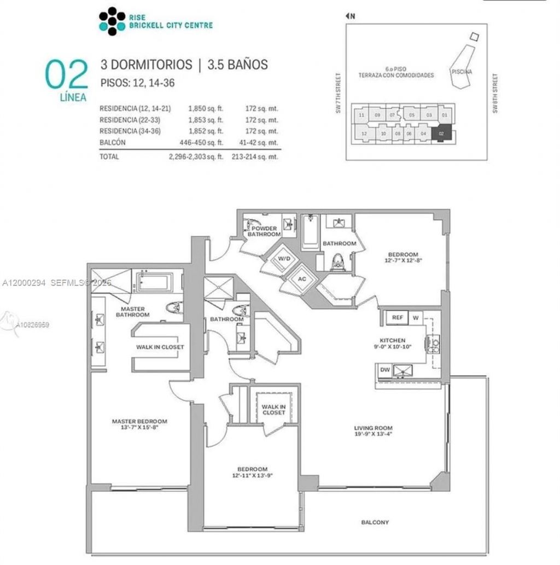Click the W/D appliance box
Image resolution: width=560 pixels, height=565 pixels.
(x=284, y=259)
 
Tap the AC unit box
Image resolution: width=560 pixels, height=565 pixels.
(x=301, y=278)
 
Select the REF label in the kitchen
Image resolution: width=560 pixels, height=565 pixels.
(x=397, y=317)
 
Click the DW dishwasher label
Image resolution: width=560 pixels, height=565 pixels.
(x=385, y=370)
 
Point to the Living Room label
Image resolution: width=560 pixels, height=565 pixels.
(x=373, y=428)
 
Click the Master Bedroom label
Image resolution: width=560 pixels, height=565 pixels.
(x=139, y=421)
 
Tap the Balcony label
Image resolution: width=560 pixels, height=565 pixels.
(x=375, y=522)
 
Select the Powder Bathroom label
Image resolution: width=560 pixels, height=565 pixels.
(x=264, y=231)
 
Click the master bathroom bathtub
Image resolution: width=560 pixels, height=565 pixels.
(x=154, y=283)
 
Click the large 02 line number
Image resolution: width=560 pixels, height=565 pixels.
(x=66, y=75)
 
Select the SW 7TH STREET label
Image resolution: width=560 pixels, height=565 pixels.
(x=340, y=94)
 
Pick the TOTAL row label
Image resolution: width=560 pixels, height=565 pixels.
(x=109, y=156)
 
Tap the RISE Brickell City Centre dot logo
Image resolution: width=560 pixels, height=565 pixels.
(x=112, y=21)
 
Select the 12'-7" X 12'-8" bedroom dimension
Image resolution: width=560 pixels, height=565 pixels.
(x=403, y=260)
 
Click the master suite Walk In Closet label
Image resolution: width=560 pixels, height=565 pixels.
(x=160, y=347)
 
